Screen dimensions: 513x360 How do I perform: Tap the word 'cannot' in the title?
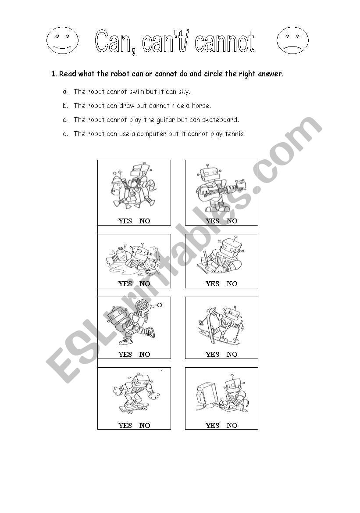click(x=225, y=42)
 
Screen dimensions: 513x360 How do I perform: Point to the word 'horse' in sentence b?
click(x=201, y=106)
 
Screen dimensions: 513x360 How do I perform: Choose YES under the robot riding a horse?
click(x=125, y=221)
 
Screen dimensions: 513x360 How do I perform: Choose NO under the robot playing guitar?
click(x=232, y=221)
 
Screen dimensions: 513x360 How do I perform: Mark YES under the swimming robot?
click(x=125, y=283)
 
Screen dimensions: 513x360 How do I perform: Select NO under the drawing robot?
click(x=232, y=283)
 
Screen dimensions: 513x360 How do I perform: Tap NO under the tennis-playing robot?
click(x=145, y=354)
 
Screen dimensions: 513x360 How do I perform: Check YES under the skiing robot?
click(x=212, y=354)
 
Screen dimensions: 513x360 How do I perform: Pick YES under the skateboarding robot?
click(x=125, y=425)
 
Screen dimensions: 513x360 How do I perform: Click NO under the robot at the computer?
click(x=232, y=425)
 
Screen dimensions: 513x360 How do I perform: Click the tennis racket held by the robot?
click(x=141, y=305)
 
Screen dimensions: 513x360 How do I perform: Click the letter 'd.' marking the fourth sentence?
click(x=65, y=134)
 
